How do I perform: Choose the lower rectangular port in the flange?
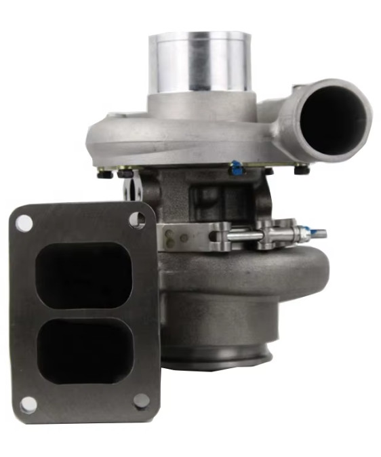(83, 351)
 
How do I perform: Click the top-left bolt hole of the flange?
(24, 221)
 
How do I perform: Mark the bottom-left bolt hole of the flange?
(28, 404)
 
